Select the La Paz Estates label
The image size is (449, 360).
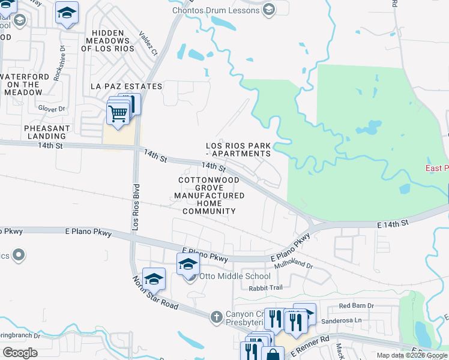[126, 86]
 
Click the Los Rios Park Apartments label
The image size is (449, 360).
[238, 149]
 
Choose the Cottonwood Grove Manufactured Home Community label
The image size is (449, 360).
[209, 196]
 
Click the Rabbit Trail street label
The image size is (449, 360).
[265, 287]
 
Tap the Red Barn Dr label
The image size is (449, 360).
[356, 305]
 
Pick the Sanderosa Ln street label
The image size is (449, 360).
[358, 320]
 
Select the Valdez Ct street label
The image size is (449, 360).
[148, 44]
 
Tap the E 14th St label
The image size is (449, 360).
[393, 223]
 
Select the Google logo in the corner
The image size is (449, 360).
[20, 353]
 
